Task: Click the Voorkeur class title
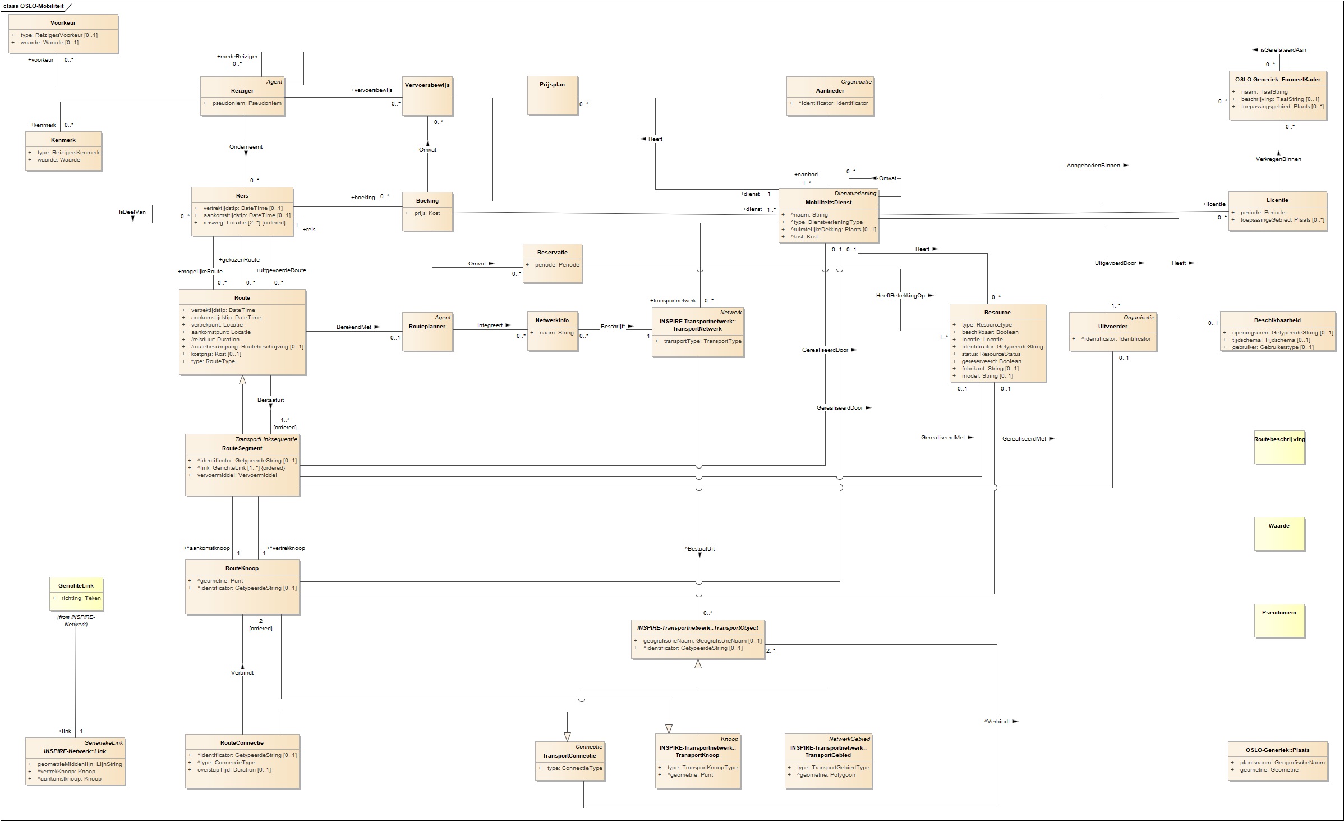coord(63,23)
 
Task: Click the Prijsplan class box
coord(553,95)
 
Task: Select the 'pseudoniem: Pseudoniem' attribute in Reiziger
coord(247,103)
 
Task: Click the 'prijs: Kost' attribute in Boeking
coord(427,213)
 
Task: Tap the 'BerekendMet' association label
coord(354,327)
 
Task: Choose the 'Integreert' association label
coord(490,325)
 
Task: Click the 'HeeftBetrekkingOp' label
coord(900,295)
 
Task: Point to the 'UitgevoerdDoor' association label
coord(1115,263)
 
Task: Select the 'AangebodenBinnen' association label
coord(1093,166)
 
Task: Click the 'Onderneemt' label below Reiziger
coord(246,147)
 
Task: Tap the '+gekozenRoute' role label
coord(240,260)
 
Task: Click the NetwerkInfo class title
coord(552,320)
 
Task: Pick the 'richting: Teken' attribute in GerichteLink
coord(81,598)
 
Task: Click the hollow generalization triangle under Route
coord(242,380)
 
